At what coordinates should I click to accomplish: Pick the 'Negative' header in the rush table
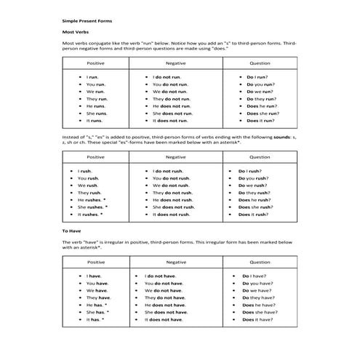175,156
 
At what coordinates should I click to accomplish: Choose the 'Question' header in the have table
260,262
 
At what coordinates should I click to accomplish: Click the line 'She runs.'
96,113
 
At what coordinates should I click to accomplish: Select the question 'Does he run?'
261,106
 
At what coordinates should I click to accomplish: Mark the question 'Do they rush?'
254,193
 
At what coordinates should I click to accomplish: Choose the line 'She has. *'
97,312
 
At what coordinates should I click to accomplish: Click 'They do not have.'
167,297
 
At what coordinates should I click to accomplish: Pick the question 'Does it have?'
257,319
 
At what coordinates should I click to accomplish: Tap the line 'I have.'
93,276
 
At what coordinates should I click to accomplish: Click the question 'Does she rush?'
255,207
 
